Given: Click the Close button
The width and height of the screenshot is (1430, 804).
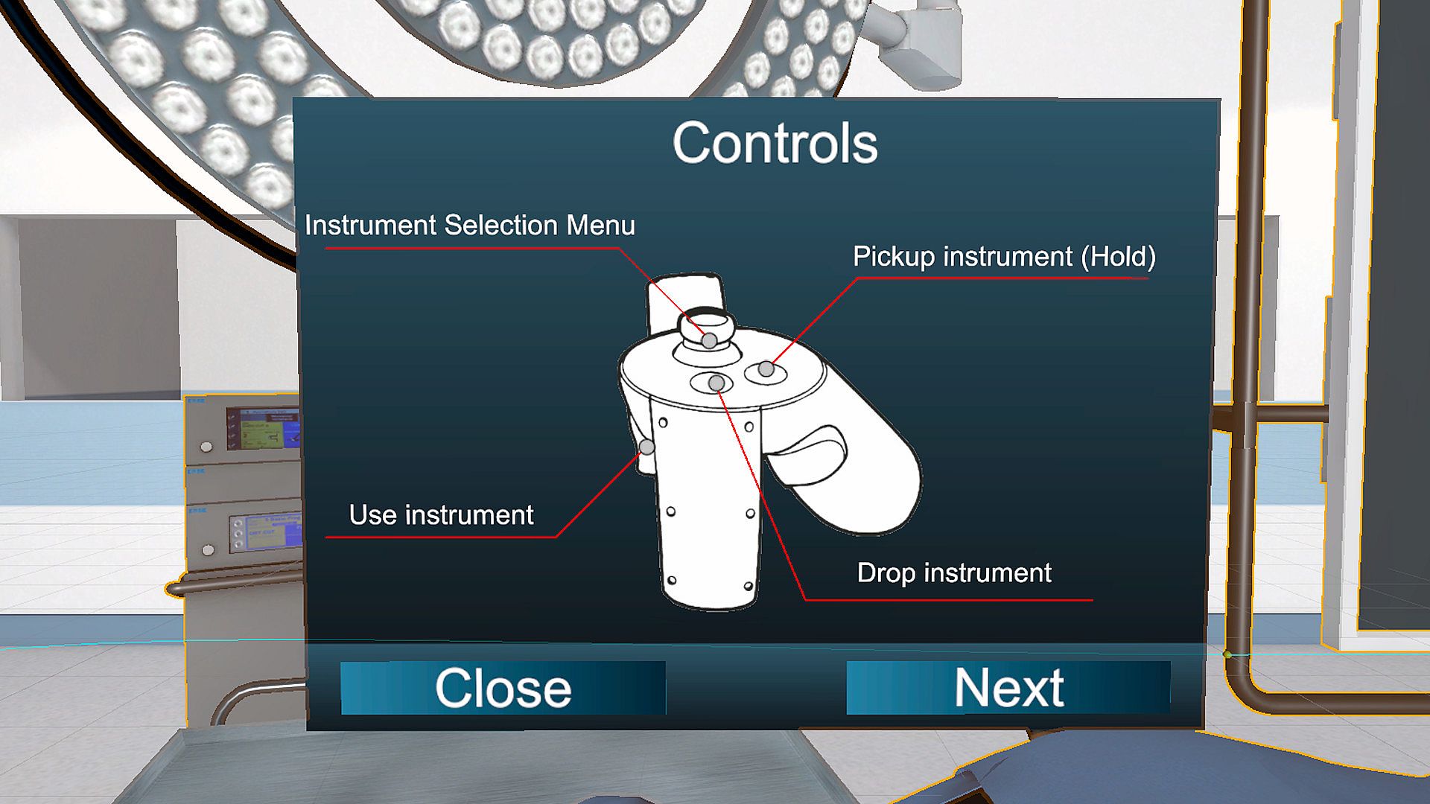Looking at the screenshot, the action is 503,688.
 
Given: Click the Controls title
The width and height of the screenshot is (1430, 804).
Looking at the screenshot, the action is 775,143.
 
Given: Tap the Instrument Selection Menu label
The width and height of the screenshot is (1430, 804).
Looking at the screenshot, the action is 470,225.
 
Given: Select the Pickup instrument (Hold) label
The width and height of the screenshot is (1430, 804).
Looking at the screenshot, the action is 1004,257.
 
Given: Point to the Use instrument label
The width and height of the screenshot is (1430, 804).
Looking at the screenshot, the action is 442,515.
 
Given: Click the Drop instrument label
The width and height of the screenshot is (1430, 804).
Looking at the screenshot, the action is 954,573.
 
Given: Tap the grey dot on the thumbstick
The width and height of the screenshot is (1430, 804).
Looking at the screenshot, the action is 710,341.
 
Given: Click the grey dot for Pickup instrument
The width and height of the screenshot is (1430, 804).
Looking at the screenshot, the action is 766,368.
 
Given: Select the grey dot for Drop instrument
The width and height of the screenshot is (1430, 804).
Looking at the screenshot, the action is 716,383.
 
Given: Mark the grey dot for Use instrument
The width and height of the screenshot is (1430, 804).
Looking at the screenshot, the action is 647,447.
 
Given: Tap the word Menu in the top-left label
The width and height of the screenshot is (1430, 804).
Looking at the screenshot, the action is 600,225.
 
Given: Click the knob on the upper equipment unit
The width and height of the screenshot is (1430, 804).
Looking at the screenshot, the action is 206,447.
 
